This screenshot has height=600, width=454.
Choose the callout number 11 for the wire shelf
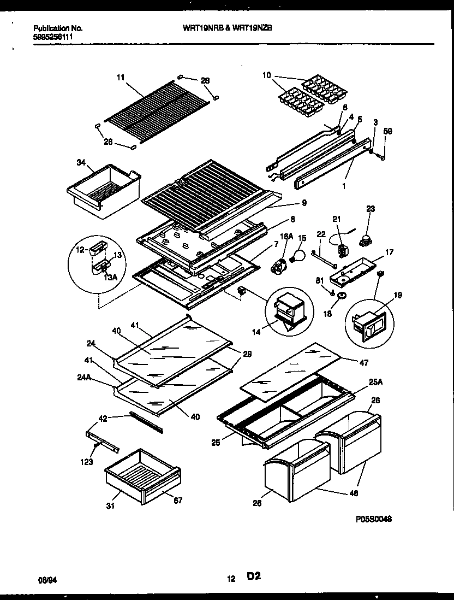(x=120, y=78)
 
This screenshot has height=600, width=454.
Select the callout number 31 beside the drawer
(x=111, y=506)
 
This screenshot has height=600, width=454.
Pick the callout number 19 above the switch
(x=397, y=296)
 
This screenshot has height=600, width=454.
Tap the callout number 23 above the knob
(x=371, y=208)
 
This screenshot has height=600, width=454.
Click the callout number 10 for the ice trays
(x=266, y=75)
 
